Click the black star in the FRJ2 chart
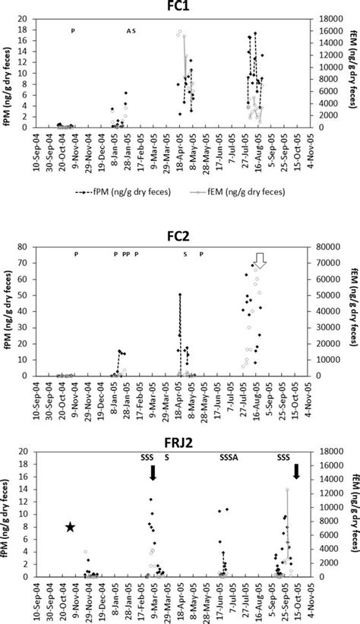click(x=70, y=527)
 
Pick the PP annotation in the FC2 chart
click(x=125, y=254)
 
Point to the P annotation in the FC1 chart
click(x=74, y=30)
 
